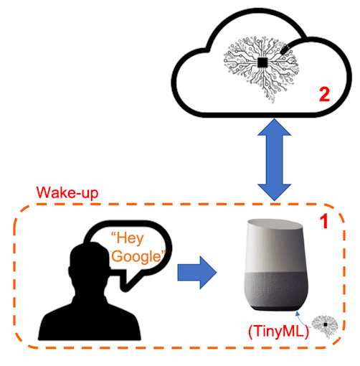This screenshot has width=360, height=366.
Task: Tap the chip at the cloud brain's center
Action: [263, 64]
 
